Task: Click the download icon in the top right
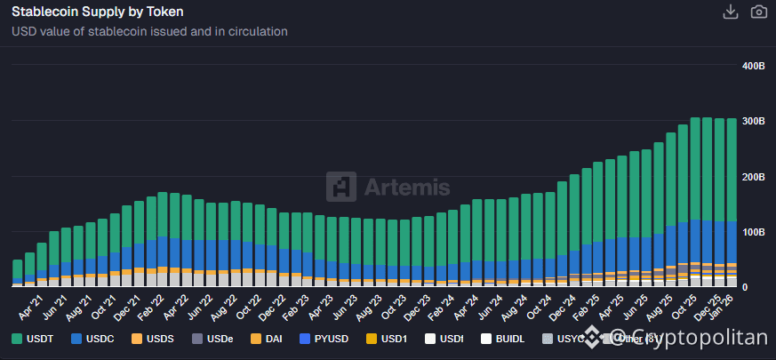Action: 731,12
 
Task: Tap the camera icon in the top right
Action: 758,12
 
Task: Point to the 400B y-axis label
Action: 752,67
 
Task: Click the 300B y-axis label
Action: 752,122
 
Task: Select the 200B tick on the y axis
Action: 752,177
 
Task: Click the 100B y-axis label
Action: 752,232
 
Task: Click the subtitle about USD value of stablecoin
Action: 149,31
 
